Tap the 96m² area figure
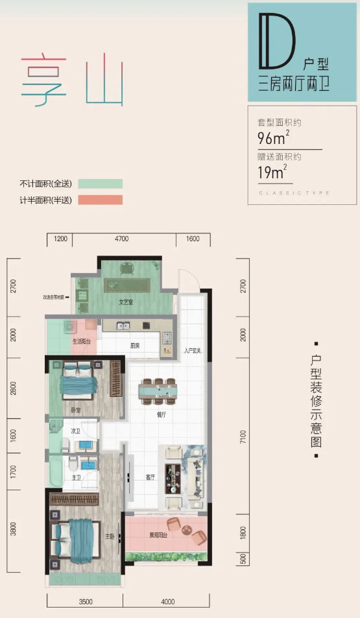click(x=272, y=137)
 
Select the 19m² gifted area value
click(x=272, y=172)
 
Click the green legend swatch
click(x=100, y=184)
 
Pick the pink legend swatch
click(x=100, y=200)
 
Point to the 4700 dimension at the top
click(x=121, y=239)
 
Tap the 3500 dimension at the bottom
click(x=86, y=602)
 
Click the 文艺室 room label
click(x=126, y=302)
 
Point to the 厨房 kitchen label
click(x=135, y=346)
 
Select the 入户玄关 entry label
click(x=193, y=351)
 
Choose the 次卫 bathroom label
click(x=75, y=431)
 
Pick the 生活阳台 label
click(x=81, y=341)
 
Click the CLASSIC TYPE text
click(x=294, y=193)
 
